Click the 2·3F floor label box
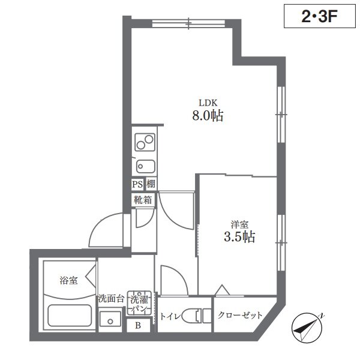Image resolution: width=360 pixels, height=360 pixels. pos(320,16)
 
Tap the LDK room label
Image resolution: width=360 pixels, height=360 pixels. pos(208,103)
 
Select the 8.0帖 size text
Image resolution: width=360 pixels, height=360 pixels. pos(208,115)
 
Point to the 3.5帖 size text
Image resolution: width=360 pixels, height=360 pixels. pos(239,237)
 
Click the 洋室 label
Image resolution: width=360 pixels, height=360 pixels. pos(239,224)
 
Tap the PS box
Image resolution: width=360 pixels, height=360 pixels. pos(137,184)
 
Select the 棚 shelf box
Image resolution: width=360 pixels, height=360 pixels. pos(151,184)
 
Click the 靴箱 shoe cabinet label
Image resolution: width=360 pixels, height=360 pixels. pos(143,200)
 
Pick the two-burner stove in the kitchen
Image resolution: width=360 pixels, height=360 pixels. pos(145,142)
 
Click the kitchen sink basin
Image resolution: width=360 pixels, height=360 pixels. pos(146,166)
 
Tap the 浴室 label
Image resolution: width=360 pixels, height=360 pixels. pos(68,281)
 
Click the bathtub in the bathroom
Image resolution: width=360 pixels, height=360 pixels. pos(70,315)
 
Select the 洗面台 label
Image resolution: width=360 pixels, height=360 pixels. pos(112,299)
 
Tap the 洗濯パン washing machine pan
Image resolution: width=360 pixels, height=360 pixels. pos(139,303)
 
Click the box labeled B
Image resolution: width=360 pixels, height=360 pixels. pos(138,325)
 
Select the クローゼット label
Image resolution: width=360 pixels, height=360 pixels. pos(240,315)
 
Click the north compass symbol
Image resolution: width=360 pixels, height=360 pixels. pos(307,328)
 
